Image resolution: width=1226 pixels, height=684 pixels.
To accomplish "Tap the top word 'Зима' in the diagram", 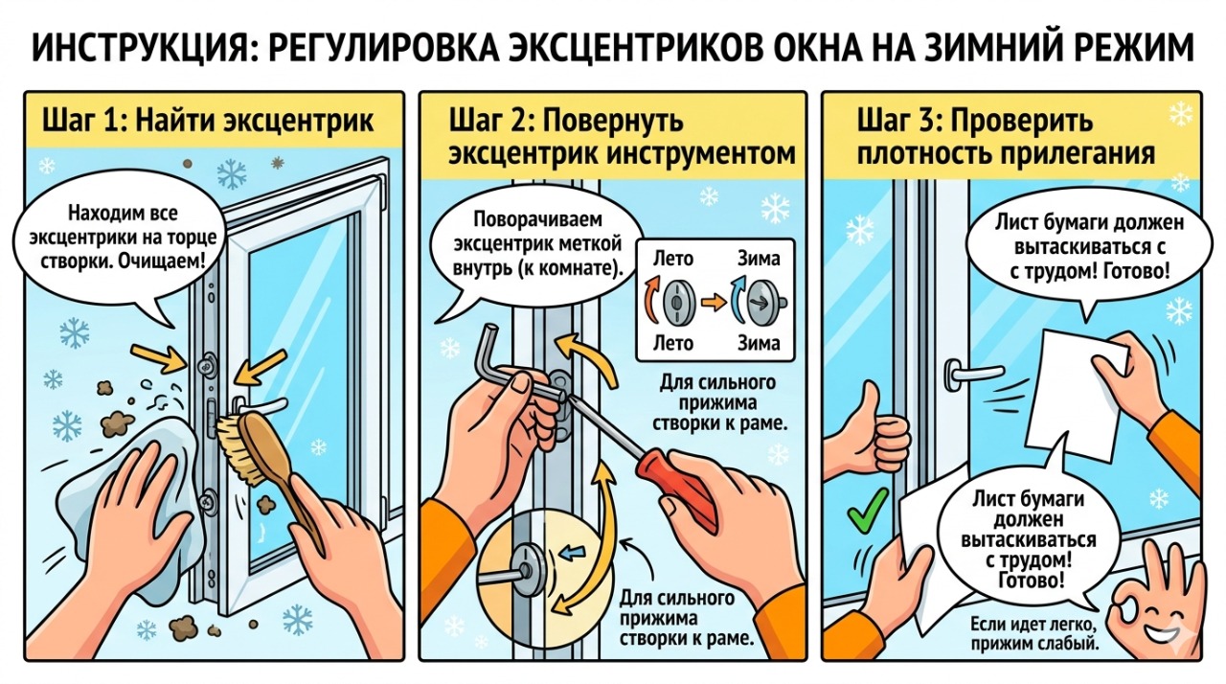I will pos(760,258).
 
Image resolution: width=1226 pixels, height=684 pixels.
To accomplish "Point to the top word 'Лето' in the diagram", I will pos(672,258).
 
